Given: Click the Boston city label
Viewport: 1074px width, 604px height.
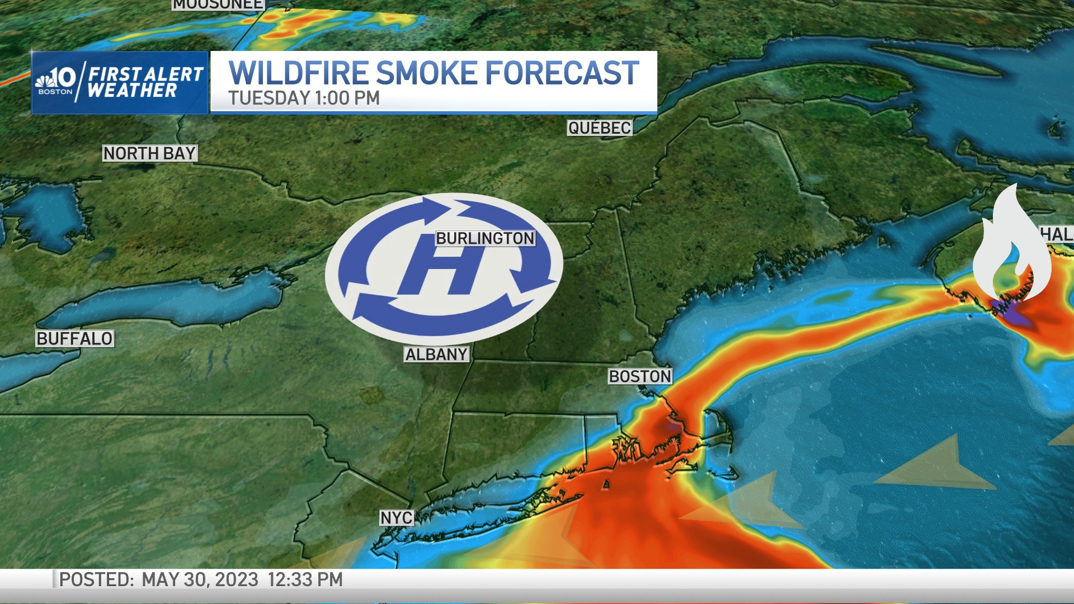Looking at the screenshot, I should click(640, 376).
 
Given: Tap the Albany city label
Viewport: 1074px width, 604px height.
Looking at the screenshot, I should click(436, 355).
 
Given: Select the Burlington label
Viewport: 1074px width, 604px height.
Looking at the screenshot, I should click(485, 238).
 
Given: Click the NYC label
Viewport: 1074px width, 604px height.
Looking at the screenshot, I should click(397, 518).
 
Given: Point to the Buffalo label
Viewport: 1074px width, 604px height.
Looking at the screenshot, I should click(74, 338).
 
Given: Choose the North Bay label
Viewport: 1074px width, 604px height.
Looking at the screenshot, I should click(149, 153).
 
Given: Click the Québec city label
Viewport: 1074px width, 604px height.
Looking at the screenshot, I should click(599, 128).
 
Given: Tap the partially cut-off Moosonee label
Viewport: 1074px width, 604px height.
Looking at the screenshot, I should click(218, 4).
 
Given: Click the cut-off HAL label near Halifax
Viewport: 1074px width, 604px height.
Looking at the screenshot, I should click(1056, 234).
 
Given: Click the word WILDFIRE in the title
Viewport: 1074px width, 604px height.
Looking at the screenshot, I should click(298, 73).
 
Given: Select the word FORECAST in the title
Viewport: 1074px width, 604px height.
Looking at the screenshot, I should click(562, 73).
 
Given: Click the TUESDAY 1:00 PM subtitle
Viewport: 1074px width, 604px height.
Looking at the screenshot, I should click(304, 98).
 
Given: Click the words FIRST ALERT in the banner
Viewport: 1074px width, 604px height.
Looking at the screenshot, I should click(145, 74).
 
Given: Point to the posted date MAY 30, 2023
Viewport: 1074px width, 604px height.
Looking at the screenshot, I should click(200, 579).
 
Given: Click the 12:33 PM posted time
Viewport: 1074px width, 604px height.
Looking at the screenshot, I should click(305, 579).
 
